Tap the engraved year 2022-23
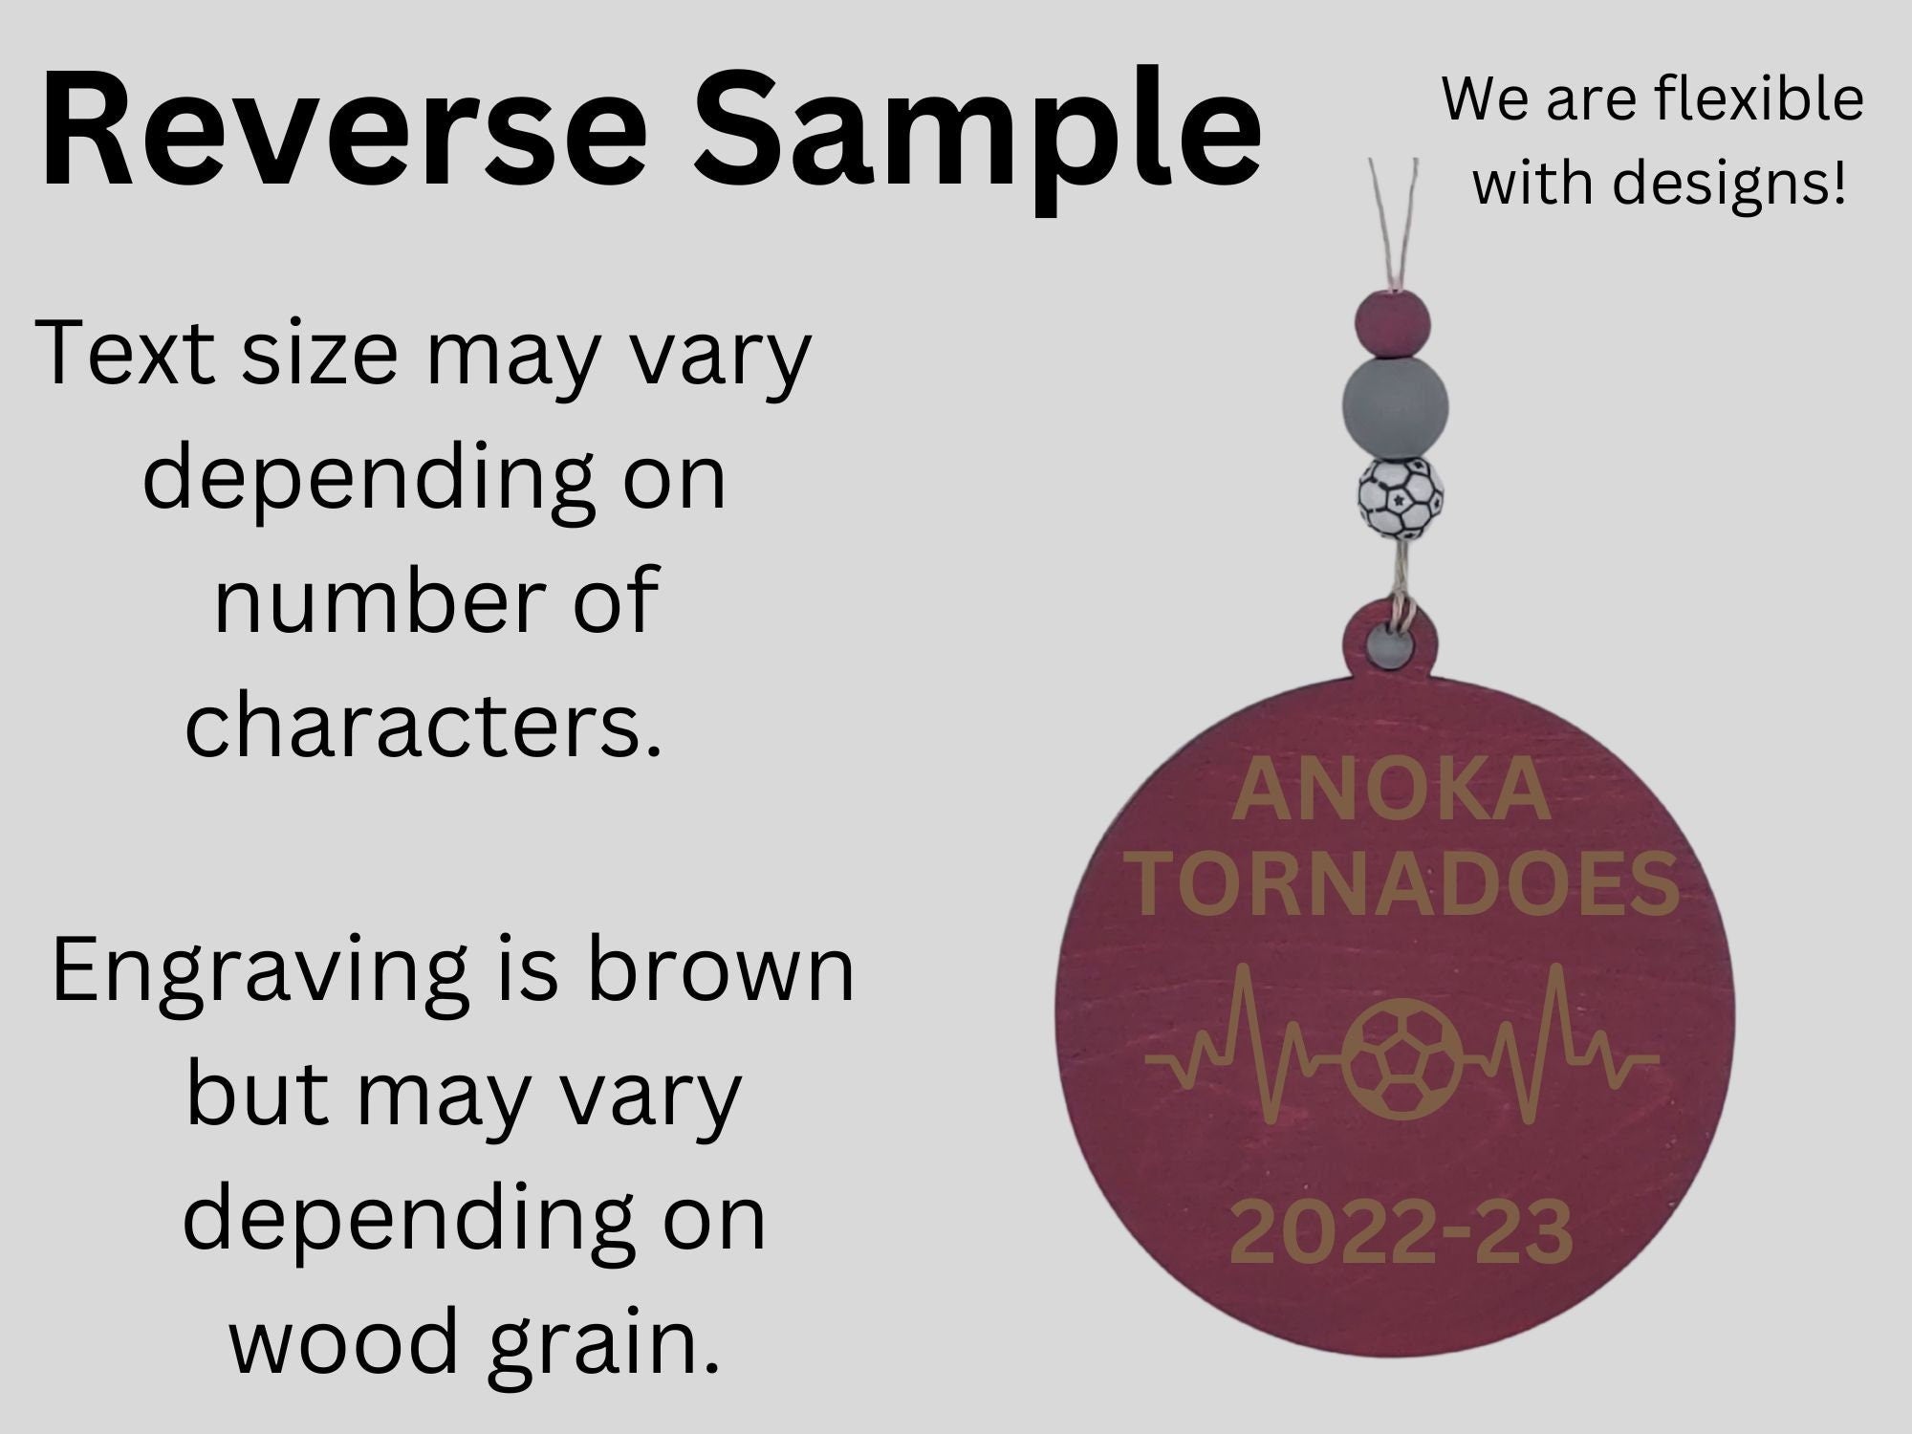tap(1401, 1233)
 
